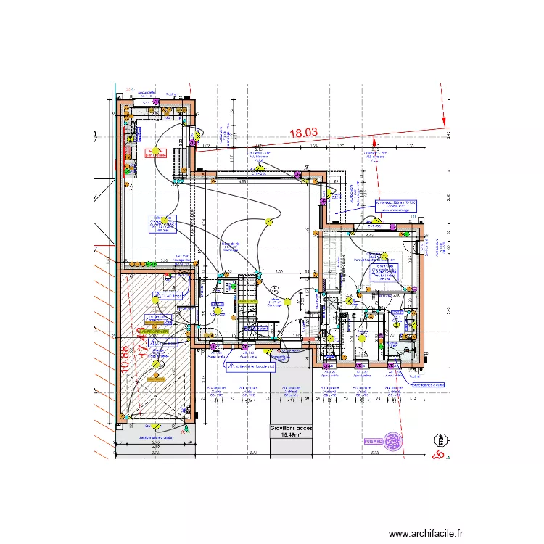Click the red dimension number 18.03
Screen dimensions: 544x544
(304, 133)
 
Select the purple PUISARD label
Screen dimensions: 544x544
(373, 440)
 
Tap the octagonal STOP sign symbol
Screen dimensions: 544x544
(440, 440)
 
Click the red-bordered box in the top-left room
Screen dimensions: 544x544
(156, 153)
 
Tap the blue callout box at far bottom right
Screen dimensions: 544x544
(427, 385)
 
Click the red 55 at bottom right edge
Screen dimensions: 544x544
(437, 456)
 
